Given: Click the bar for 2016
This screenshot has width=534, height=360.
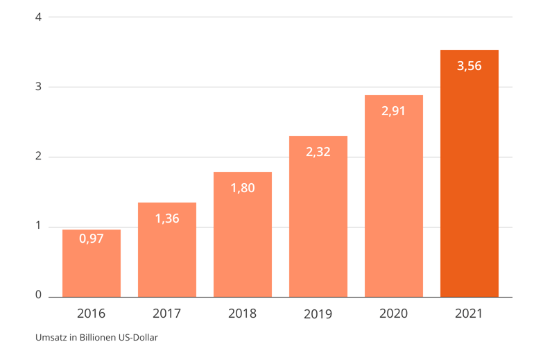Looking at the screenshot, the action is (x=92, y=264).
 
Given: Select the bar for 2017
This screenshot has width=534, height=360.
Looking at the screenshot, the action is (x=167, y=250).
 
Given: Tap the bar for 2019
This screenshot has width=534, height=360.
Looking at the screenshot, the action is (x=318, y=216).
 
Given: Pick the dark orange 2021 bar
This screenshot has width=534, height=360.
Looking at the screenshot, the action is (x=470, y=173).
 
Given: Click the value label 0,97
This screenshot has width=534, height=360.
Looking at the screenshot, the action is (x=92, y=239).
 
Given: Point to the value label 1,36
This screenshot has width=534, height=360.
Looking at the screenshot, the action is (x=167, y=218).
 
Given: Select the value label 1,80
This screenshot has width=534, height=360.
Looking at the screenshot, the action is (x=243, y=188).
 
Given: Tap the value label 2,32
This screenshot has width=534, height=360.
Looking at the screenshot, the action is (x=318, y=152).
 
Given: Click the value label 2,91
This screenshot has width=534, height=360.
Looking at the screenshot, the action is (x=393, y=111).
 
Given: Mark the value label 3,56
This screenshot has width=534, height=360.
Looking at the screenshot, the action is (x=470, y=66).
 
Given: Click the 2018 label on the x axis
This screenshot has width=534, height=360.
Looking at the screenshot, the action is (x=242, y=314).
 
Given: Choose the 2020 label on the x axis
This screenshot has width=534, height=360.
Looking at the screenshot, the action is (x=393, y=314).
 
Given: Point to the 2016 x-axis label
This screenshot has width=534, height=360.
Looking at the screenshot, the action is (x=91, y=314).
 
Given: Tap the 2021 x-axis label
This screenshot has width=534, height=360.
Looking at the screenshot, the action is (x=469, y=314).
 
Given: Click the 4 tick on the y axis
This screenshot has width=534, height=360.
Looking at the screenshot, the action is (x=38, y=17).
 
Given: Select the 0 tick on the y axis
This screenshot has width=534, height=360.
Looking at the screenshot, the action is (x=38, y=295).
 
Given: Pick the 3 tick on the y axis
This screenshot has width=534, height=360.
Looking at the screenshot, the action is (x=38, y=87).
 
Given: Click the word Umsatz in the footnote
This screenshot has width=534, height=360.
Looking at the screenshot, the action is (x=51, y=338).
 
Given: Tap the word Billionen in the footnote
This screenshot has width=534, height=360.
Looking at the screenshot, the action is (x=98, y=338).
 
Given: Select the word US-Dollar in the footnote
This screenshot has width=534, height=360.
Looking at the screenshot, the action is (x=138, y=338).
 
